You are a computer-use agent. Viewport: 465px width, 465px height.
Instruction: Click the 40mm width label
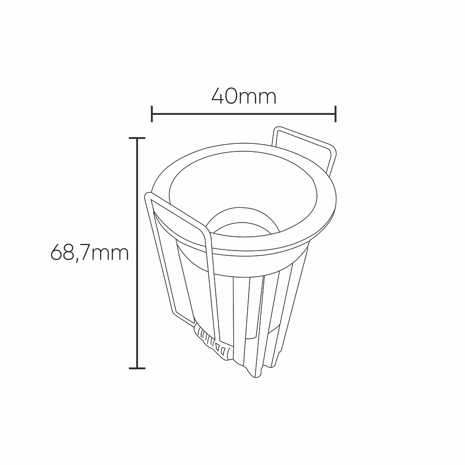[243, 96]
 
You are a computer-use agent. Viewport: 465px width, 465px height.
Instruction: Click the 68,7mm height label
[90, 253]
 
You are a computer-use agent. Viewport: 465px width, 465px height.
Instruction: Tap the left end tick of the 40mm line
[152, 114]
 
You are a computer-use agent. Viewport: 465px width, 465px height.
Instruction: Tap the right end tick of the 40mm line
[335, 114]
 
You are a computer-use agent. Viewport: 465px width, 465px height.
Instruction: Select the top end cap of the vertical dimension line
[137, 138]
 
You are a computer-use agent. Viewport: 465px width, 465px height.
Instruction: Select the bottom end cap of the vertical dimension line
[137, 368]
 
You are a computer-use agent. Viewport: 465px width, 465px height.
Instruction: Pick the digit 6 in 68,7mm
[56, 252]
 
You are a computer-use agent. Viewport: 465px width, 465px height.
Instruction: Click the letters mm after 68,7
[110, 254]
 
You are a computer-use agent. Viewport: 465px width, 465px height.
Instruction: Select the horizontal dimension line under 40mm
[243, 114]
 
